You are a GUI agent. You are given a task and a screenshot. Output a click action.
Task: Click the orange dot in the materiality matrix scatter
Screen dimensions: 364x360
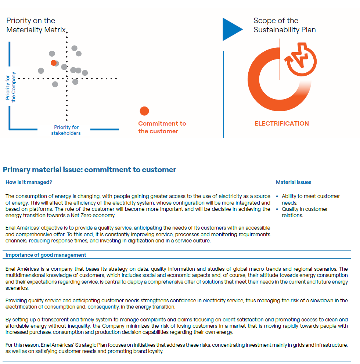[53, 63]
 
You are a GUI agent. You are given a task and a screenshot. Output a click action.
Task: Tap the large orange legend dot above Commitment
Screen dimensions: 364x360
[144, 111]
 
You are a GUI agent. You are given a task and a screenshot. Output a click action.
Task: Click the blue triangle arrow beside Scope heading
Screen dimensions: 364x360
[231, 29]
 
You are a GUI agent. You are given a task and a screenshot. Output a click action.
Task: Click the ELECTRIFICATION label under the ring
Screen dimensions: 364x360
[282, 123]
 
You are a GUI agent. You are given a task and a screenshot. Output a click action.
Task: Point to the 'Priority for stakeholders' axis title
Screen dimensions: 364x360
[66, 130]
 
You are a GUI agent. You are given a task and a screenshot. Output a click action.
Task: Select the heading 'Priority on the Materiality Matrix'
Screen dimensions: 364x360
[36, 25]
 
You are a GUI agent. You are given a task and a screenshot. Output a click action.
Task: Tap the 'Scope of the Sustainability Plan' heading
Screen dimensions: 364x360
[284, 25]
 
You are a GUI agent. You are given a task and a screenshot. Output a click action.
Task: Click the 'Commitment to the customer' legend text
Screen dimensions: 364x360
[162, 127]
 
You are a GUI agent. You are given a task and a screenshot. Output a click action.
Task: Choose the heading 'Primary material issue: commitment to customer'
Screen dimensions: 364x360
[89, 170]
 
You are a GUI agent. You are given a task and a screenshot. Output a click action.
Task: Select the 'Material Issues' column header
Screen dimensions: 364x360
[294, 182]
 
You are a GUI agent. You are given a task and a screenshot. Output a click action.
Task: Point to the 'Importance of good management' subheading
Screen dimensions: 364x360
[46, 255]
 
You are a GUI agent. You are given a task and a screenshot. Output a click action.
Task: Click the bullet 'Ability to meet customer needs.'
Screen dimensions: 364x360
[310, 199]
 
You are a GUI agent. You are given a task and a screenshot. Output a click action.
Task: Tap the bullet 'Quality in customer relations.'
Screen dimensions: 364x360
[305, 212]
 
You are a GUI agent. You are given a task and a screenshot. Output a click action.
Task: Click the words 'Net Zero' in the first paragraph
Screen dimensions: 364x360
[86, 216]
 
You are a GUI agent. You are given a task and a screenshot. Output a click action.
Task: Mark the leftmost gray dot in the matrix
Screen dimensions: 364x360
[41, 71]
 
